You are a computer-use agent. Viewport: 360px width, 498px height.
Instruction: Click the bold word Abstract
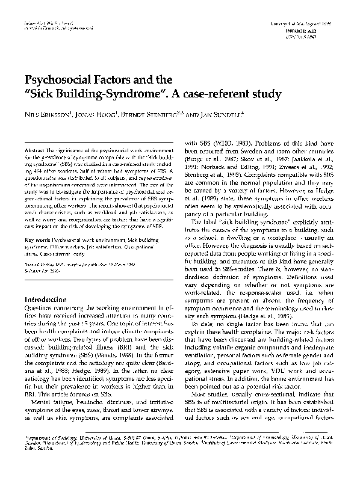point(36,148)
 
